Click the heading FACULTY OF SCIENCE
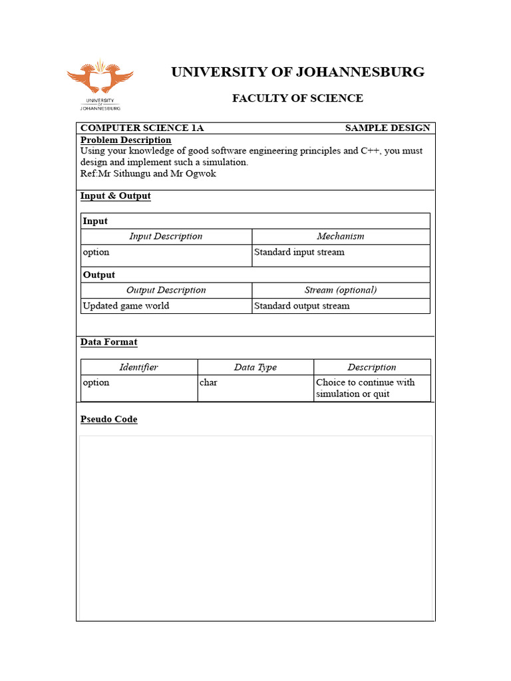297,98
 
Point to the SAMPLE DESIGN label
387,128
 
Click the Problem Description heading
126,140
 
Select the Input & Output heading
116,196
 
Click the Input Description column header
166,236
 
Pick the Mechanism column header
341,236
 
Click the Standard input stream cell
299,252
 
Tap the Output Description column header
166,290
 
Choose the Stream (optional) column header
341,290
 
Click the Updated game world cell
126,306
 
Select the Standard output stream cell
301,306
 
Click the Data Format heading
109,342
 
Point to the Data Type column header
255,367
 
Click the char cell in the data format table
208,382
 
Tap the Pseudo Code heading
109,420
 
